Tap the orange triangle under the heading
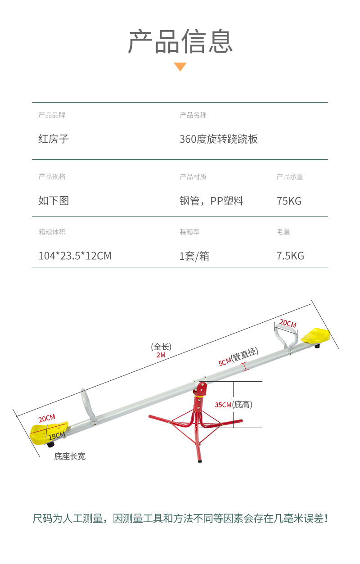180,67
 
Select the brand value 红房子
54,139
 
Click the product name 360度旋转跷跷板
219,139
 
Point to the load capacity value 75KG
289,201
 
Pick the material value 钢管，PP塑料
211,201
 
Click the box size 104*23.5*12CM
75,256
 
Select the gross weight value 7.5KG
290,256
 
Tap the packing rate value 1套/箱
194,256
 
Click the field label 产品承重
290,177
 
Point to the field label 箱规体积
52,232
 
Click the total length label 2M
161,355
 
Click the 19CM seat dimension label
57,436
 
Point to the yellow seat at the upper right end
316,336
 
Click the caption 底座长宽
70,456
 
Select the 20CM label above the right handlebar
288,324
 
